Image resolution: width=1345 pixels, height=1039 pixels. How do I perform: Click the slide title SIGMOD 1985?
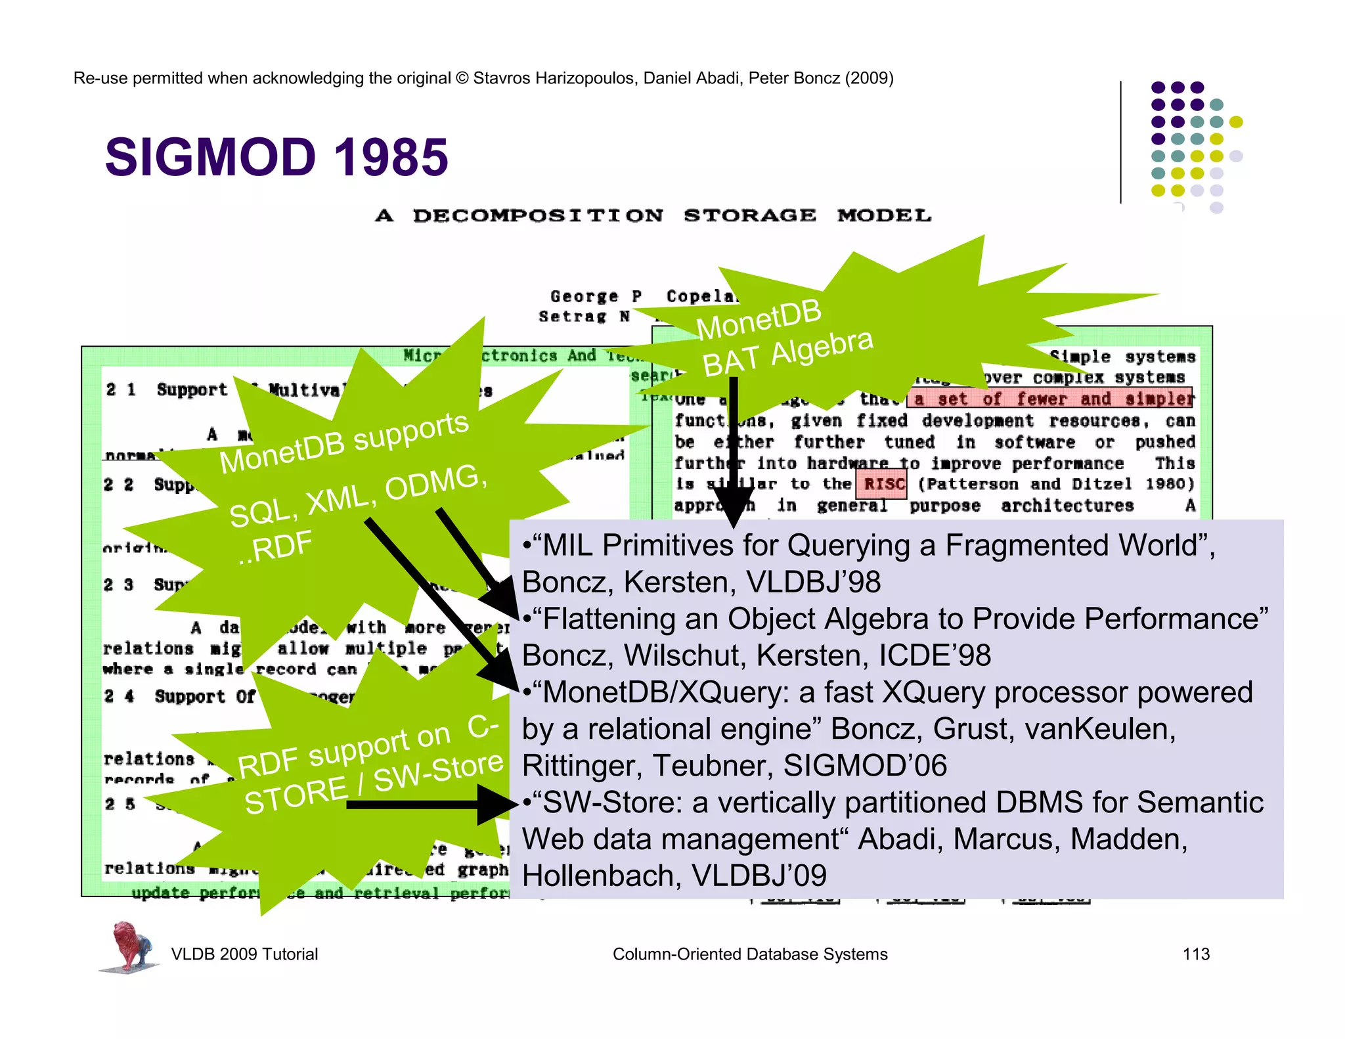click(x=276, y=158)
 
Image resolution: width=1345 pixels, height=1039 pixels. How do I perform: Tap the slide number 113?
click(x=1195, y=954)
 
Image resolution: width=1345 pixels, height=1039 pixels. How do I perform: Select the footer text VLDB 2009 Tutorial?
click(x=244, y=954)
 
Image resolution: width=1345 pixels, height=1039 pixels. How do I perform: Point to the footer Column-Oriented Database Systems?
click(x=749, y=954)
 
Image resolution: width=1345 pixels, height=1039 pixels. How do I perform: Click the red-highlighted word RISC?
click(x=883, y=485)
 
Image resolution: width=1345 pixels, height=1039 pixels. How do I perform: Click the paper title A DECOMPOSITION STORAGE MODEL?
click(x=653, y=215)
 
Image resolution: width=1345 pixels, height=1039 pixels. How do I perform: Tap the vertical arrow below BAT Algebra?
click(x=734, y=453)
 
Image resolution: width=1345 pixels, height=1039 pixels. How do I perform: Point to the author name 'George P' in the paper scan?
click(x=596, y=297)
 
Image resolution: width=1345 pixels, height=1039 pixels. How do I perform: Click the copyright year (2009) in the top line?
click(x=869, y=78)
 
